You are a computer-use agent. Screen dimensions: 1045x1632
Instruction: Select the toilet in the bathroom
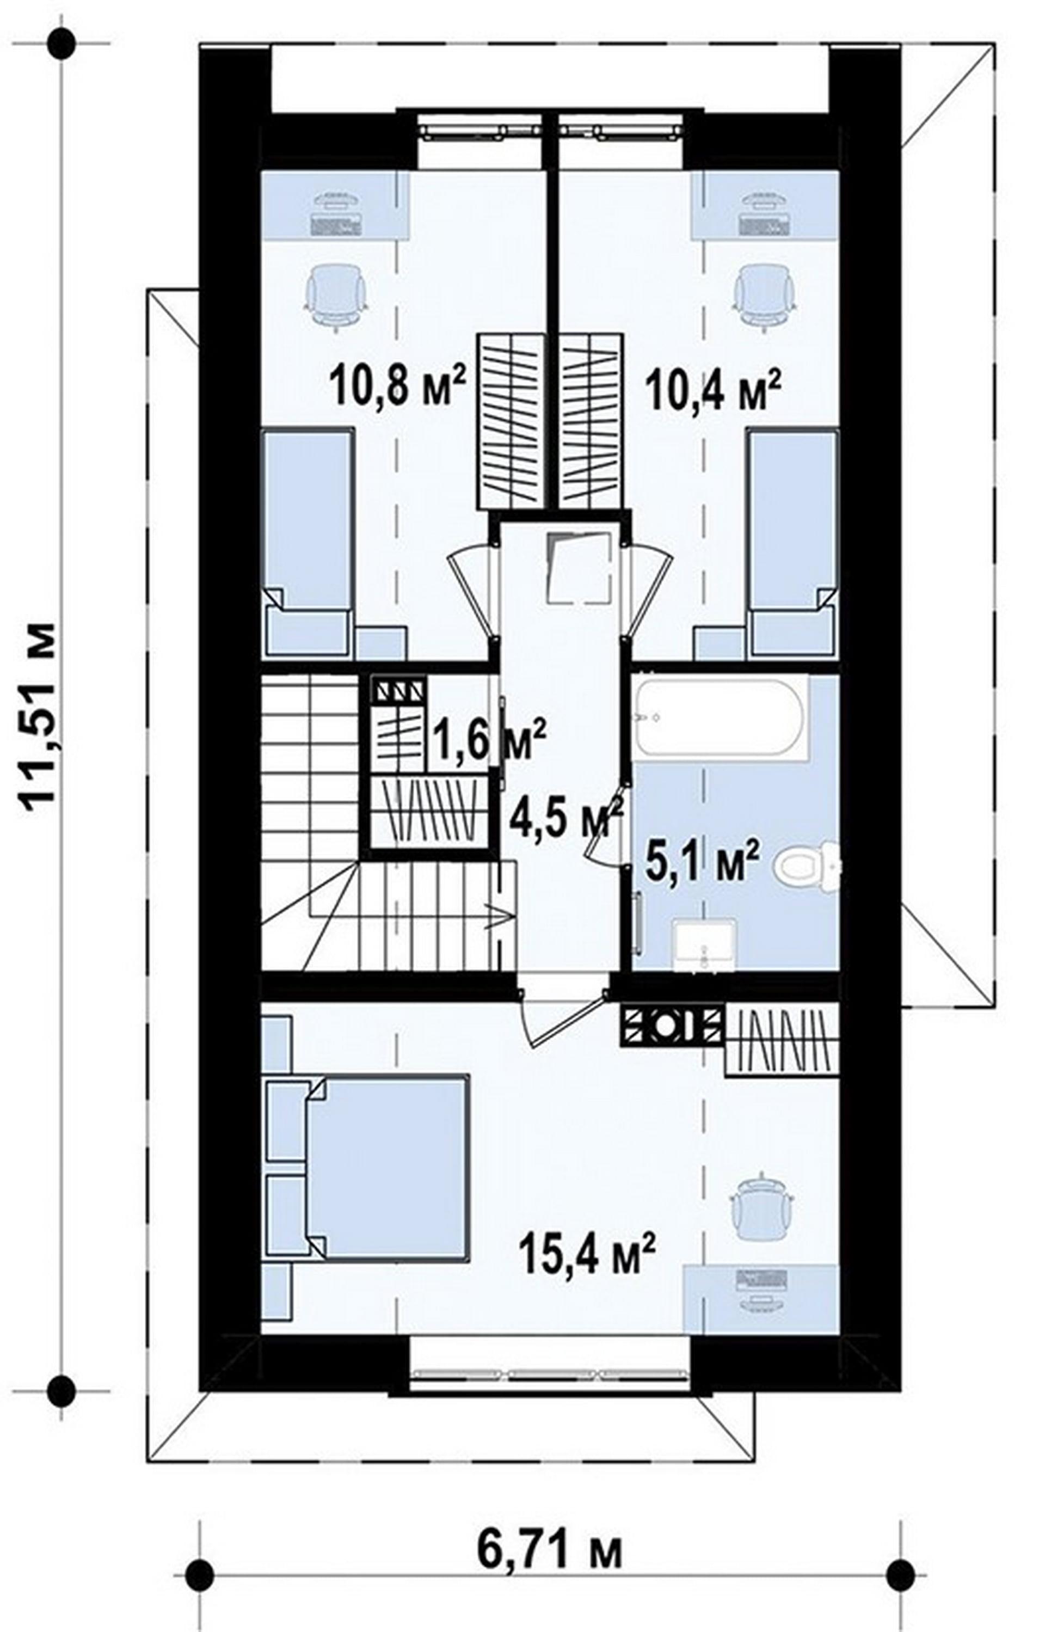coord(809,867)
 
